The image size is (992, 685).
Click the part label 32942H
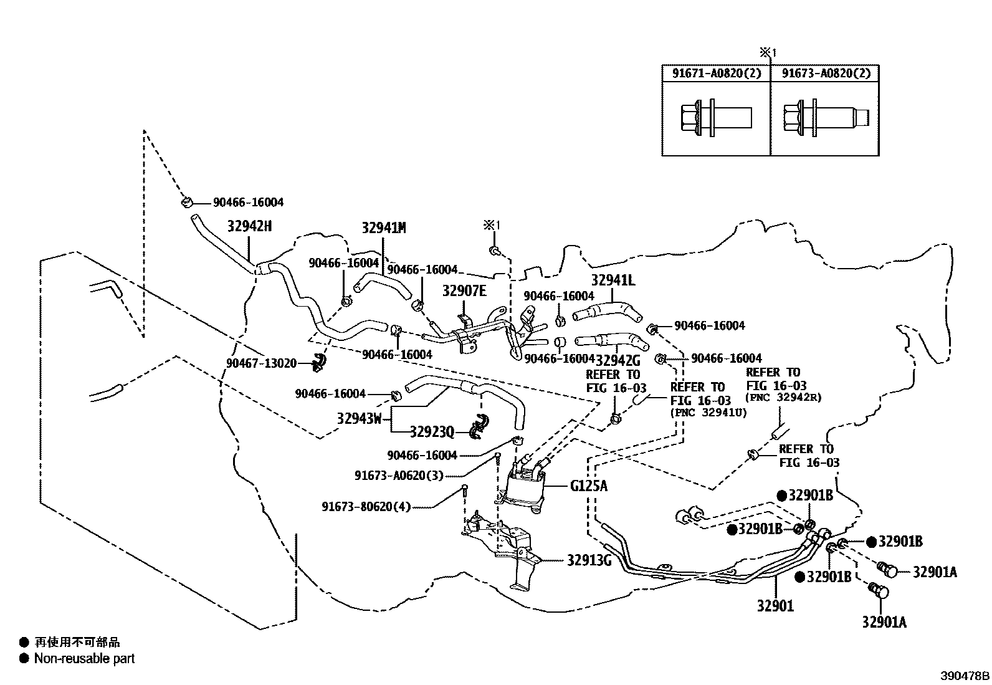click(249, 226)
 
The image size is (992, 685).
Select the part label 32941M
click(384, 228)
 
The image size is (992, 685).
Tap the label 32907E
click(464, 291)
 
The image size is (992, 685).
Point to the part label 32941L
click(613, 280)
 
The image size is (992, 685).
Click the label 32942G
click(618, 360)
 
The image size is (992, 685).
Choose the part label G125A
click(588, 486)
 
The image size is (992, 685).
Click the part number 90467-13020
click(261, 363)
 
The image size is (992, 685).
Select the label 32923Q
click(432, 431)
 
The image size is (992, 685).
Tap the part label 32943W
click(359, 418)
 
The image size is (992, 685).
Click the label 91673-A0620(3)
click(399, 476)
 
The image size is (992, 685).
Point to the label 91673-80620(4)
click(366, 507)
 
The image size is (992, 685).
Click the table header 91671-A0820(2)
click(716, 74)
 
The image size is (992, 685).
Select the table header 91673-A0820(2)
click(826, 74)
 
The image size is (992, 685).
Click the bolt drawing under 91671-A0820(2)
click(714, 117)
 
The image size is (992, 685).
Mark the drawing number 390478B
click(965, 676)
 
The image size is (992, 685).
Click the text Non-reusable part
click(84, 658)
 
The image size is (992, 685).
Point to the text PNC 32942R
click(784, 397)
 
